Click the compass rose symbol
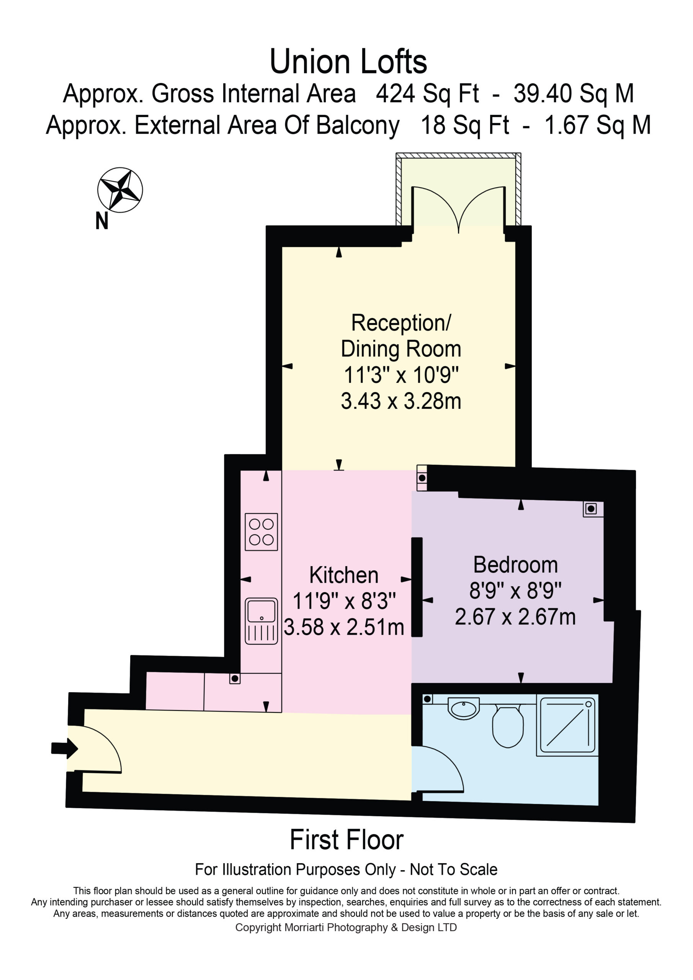pos(120,190)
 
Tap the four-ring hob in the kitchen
pos(262,532)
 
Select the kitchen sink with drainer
pos(262,621)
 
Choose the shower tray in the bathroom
pos(567,725)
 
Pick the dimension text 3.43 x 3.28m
pos(401,401)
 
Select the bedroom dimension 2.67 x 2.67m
pos(515,617)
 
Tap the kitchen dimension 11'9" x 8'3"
pos(344,601)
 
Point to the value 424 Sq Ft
pos(427,94)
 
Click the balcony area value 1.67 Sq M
pos(598,125)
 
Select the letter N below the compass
pos(101,221)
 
